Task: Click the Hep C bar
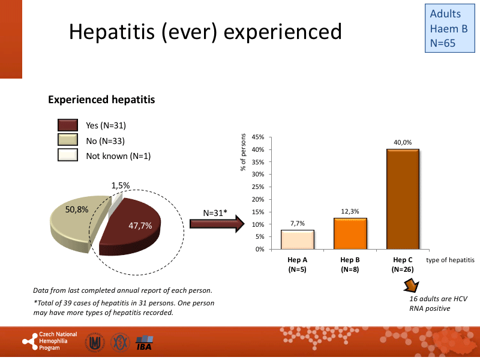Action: point(403,199)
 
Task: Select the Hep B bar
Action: point(350,233)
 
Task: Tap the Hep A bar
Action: point(297,239)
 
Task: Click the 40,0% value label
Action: point(403,142)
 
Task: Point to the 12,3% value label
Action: point(350,211)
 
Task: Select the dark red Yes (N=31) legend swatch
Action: point(68,125)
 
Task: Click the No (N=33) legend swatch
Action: point(68,141)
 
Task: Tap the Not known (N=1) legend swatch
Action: point(68,156)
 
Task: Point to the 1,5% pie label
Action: point(121,186)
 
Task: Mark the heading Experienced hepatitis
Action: point(101,100)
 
